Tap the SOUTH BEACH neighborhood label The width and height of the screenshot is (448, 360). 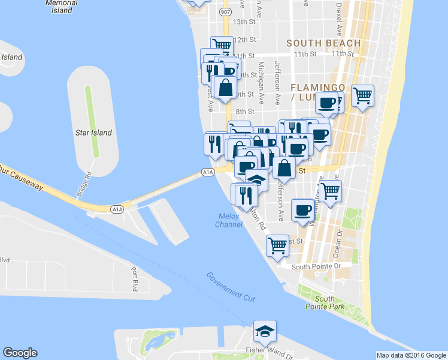pos(323,43)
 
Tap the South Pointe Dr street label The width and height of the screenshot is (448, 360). pos(315,266)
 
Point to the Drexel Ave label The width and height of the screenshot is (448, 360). pos(339,18)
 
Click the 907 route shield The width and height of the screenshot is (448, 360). pos(225,11)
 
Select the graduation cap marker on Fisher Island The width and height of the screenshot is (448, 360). pos(264,331)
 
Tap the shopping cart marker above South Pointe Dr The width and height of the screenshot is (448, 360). pos(277,245)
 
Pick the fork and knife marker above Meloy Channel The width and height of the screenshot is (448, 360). pos(244,194)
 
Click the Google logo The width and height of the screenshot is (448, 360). pos(20,353)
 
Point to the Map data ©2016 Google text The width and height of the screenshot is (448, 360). pos(412,355)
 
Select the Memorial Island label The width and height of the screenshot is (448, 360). pos(59,6)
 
